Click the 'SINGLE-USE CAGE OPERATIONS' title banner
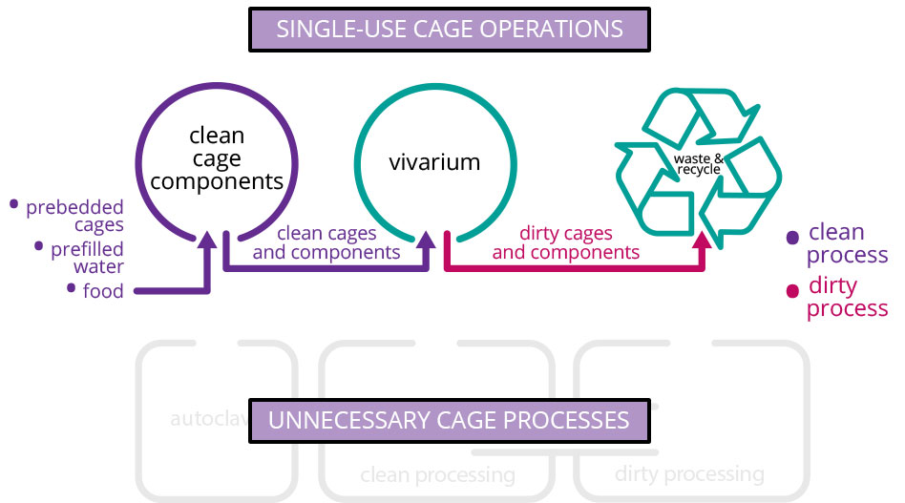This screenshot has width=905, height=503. click(x=449, y=29)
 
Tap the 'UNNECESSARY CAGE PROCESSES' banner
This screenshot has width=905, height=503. click(x=449, y=420)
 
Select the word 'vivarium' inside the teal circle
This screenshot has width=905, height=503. click(x=434, y=162)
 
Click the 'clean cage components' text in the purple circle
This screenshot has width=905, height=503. click(x=217, y=158)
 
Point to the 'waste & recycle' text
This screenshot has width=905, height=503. click(x=700, y=163)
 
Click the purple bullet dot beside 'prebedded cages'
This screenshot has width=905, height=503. click(x=13, y=203)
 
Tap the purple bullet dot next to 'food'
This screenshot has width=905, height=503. click(x=72, y=286)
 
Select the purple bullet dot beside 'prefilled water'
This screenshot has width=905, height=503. click(x=39, y=245)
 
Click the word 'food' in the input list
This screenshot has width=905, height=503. click(x=103, y=291)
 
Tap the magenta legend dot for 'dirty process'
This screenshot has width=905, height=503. click(x=791, y=290)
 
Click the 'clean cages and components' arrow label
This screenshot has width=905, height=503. click(x=326, y=243)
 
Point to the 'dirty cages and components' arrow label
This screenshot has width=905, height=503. click(x=565, y=243)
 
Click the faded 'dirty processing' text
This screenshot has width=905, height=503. click(x=689, y=473)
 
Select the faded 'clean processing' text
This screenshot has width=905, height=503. click(x=437, y=474)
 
